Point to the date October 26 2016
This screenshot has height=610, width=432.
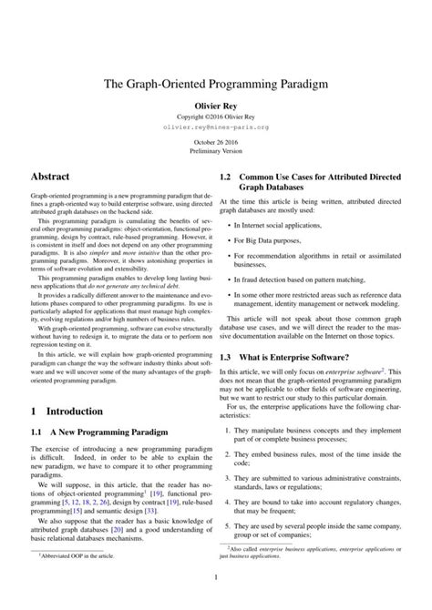point(216,144)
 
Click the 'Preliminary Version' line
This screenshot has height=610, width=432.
point(216,152)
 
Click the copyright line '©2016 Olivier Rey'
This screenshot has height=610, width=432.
point(216,117)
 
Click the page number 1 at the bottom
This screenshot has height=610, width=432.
point(216,600)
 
